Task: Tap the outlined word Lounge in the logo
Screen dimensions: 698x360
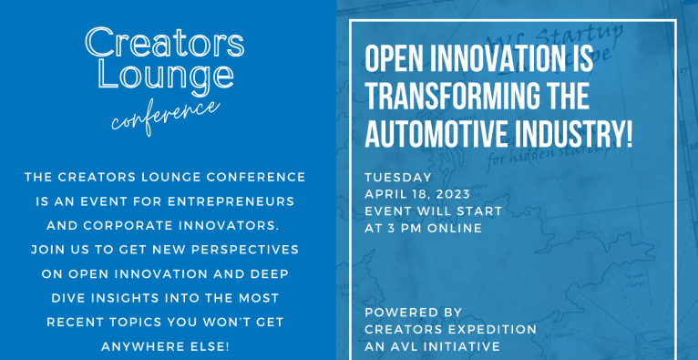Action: coord(166,76)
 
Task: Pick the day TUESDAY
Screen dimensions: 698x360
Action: coord(398,177)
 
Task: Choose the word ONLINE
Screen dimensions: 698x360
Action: coord(455,228)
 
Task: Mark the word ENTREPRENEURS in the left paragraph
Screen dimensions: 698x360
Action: coord(231,201)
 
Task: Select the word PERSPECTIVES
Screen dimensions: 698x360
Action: coord(245,250)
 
